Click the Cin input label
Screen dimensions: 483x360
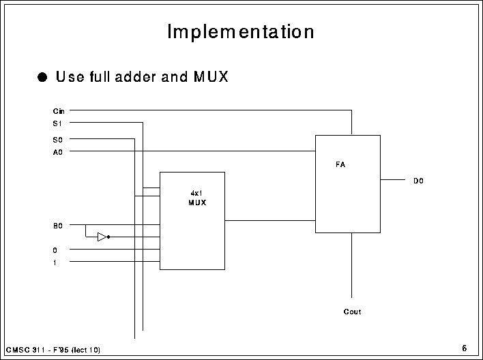59,111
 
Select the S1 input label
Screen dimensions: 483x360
57,123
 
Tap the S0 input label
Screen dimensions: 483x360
57,140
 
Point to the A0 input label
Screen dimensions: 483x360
57,152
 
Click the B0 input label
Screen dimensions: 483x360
57,226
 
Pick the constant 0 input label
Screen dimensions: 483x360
55,250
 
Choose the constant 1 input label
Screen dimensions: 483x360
55,262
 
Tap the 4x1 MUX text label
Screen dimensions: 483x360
197,198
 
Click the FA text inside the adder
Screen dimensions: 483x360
340,164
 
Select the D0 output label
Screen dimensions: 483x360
418,181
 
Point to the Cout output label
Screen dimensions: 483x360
352,312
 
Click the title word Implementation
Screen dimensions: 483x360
241,31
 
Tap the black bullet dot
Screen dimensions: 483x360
42,77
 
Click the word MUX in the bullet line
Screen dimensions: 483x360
211,76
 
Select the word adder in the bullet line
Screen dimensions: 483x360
136,76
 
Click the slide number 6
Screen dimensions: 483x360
464,348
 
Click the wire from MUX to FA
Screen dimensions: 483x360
270,220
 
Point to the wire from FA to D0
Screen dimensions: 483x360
393,179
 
